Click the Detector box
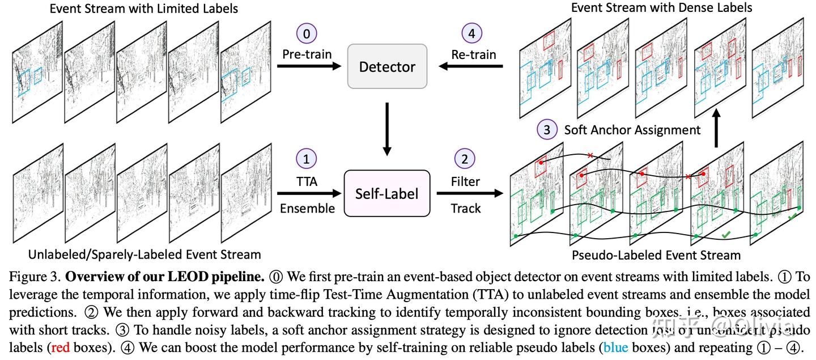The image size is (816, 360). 387,66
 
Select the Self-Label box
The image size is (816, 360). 386,193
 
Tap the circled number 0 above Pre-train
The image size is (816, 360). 307,33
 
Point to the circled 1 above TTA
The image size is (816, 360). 307,160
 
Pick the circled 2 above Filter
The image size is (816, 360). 465,160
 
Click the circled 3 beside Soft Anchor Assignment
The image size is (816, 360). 546,130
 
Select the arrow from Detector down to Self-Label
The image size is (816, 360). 387,129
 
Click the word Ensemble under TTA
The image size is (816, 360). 307,208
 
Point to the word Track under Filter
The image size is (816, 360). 466,208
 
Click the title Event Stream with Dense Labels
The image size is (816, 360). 661,7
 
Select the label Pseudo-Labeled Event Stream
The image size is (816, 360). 656,255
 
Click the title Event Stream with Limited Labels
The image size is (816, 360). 144,9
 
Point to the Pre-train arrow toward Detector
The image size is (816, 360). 309,67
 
